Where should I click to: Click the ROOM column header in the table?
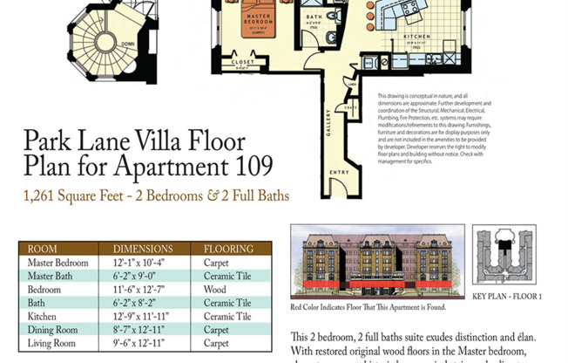43,249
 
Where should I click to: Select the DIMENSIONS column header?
142,249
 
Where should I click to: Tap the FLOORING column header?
228,249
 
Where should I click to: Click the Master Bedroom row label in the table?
57,262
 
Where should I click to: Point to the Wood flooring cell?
215,289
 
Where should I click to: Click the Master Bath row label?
51,276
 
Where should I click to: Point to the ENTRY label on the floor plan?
339,172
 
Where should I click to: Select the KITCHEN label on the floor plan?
415,37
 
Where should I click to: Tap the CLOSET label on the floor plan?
243,63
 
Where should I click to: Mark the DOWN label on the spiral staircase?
127,44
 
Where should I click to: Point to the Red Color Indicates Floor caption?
368,307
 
